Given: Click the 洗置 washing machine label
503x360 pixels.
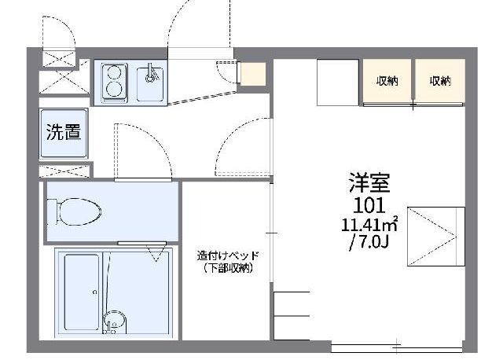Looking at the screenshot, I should pyautogui.click(x=63, y=132).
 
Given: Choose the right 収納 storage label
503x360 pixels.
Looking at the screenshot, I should pyautogui.click(x=440, y=80).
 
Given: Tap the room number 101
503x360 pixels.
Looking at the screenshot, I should pyautogui.click(x=369, y=206).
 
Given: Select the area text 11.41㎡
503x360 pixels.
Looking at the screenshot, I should pyautogui.click(x=369, y=224).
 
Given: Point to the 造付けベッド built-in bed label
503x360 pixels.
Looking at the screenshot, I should pyautogui.click(x=227, y=255).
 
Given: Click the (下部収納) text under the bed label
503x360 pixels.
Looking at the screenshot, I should pyautogui.click(x=227, y=269).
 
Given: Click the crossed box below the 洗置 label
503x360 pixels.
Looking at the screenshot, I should pyautogui.click(x=64, y=170).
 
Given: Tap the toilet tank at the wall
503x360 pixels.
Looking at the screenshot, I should pyautogui.click(x=52, y=211).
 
